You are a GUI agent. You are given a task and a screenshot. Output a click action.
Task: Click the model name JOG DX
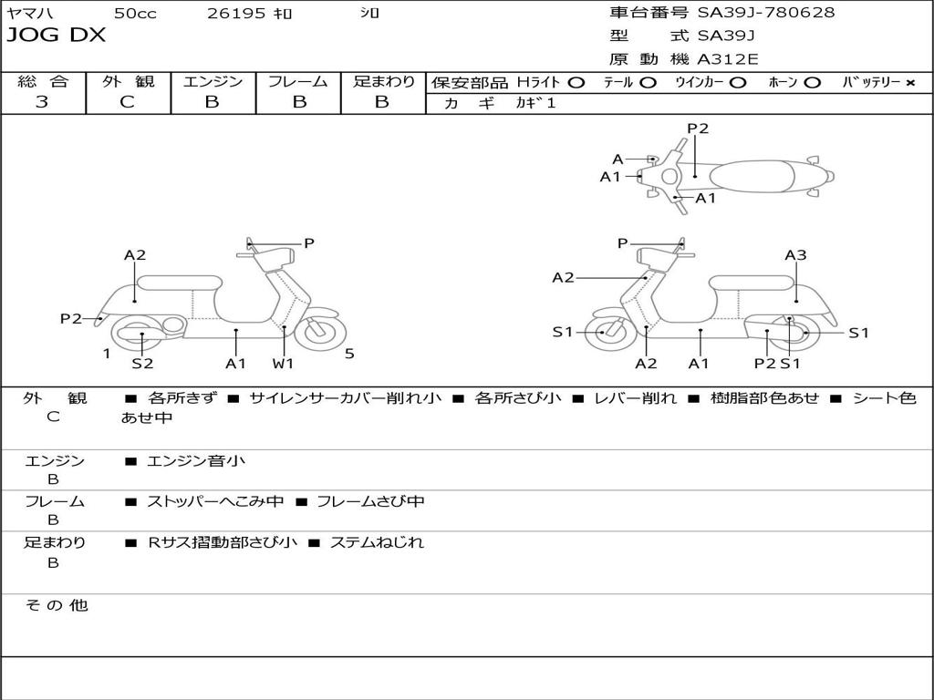(57, 36)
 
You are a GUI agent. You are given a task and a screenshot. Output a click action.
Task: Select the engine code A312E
(727, 60)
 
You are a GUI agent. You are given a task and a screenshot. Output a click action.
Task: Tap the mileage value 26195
(236, 13)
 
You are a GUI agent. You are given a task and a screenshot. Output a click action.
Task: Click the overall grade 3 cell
(42, 102)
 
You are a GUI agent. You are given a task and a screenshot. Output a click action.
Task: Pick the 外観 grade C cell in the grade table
(128, 102)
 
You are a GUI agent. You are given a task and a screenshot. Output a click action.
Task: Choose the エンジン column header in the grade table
(213, 81)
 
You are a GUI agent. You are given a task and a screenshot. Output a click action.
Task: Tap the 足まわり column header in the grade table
(383, 81)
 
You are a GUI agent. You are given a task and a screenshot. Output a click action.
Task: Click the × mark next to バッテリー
(909, 82)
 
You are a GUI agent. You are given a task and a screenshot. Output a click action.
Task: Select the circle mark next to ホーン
(812, 82)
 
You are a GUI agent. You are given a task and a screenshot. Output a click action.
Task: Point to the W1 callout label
(283, 364)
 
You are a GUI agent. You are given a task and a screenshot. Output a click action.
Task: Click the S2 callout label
(142, 364)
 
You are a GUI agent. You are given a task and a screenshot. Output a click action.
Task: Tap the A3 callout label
(795, 255)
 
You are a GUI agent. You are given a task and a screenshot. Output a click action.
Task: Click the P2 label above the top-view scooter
(698, 129)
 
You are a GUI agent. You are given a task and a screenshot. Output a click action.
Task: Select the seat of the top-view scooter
(757, 176)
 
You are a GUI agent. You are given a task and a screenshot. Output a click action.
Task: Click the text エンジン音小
(195, 461)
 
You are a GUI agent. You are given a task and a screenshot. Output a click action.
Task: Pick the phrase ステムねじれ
(377, 542)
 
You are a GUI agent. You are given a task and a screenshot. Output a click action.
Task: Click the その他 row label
(57, 605)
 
